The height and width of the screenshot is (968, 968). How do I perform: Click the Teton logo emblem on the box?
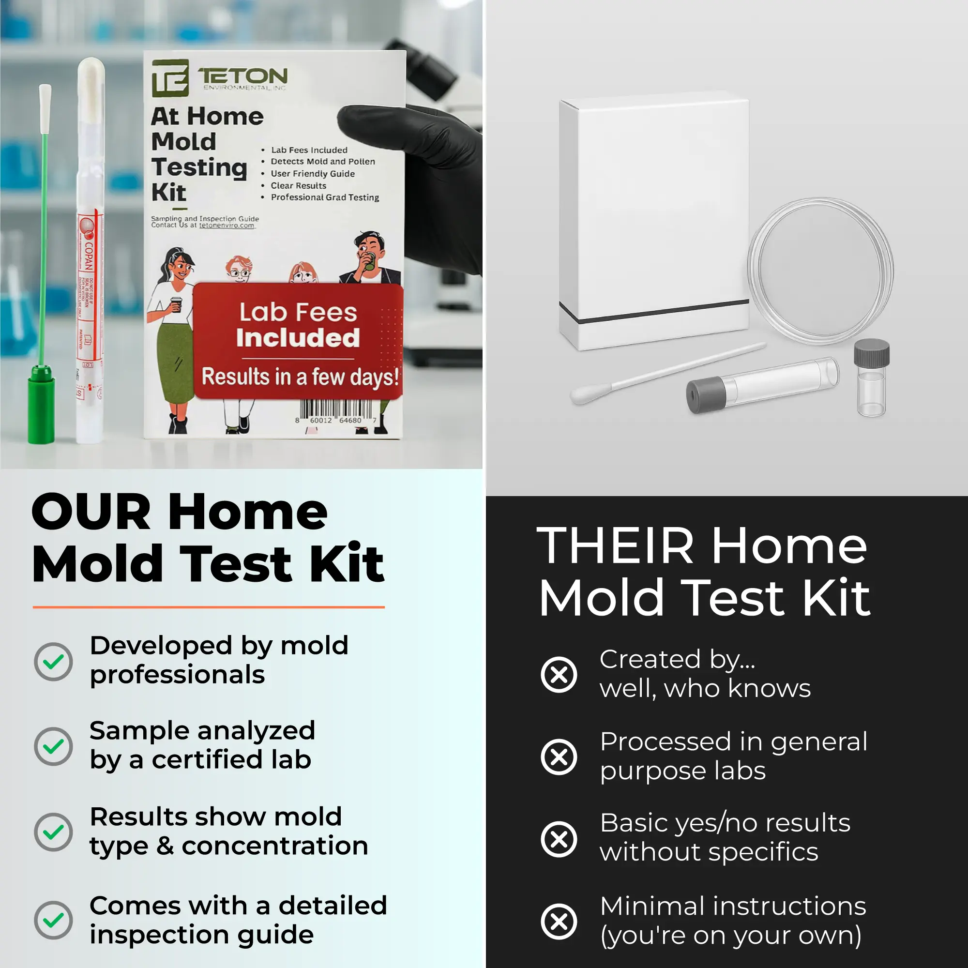click(x=170, y=77)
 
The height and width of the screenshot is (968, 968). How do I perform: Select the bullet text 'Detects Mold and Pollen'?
click(x=323, y=161)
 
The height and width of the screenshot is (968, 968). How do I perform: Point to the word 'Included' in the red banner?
click(x=298, y=338)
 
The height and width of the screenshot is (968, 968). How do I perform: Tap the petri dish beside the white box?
click(x=820, y=271)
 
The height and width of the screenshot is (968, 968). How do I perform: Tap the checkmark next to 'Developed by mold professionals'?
click(x=54, y=661)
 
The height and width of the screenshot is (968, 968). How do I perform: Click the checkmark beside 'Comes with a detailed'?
click(x=54, y=921)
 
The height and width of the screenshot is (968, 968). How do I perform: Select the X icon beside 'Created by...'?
click(x=559, y=674)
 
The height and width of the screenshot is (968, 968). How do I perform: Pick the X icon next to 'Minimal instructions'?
click(x=559, y=922)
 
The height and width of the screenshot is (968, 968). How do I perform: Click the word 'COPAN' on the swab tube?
click(x=88, y=256)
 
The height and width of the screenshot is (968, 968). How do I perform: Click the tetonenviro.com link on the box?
click(x=227, y=226)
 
